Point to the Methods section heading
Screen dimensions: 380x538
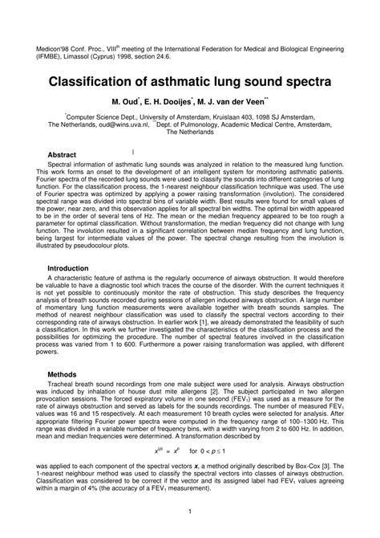coord(62,374)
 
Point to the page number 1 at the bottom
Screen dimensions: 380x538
coord(188,511)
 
